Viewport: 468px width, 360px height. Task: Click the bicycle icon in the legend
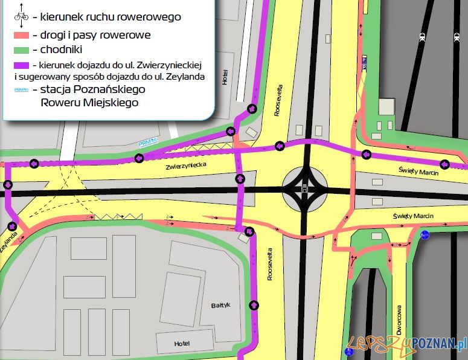21,17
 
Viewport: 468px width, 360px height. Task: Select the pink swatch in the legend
21,36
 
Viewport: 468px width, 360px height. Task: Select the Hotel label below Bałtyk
182,343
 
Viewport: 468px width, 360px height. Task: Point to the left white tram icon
422,37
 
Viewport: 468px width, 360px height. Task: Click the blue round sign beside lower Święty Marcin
425,234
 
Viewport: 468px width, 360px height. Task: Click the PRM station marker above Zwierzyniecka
147,143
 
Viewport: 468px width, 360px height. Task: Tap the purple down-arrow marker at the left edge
8,184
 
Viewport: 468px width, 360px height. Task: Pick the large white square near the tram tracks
386,107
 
